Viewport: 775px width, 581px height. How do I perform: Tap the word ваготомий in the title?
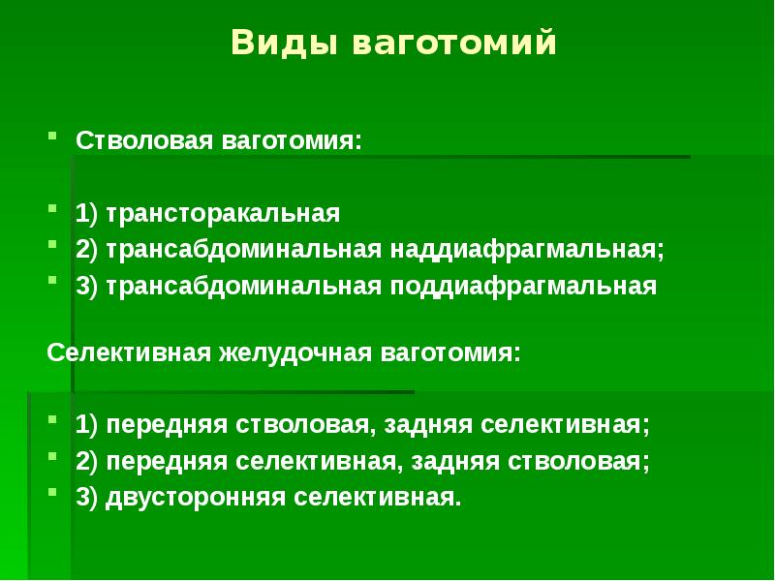[453, 45]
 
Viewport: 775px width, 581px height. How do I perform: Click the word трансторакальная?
[224, 212]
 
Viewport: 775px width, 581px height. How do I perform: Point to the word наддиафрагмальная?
[528, 249]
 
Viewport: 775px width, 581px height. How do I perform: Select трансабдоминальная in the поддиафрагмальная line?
[245, 287]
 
